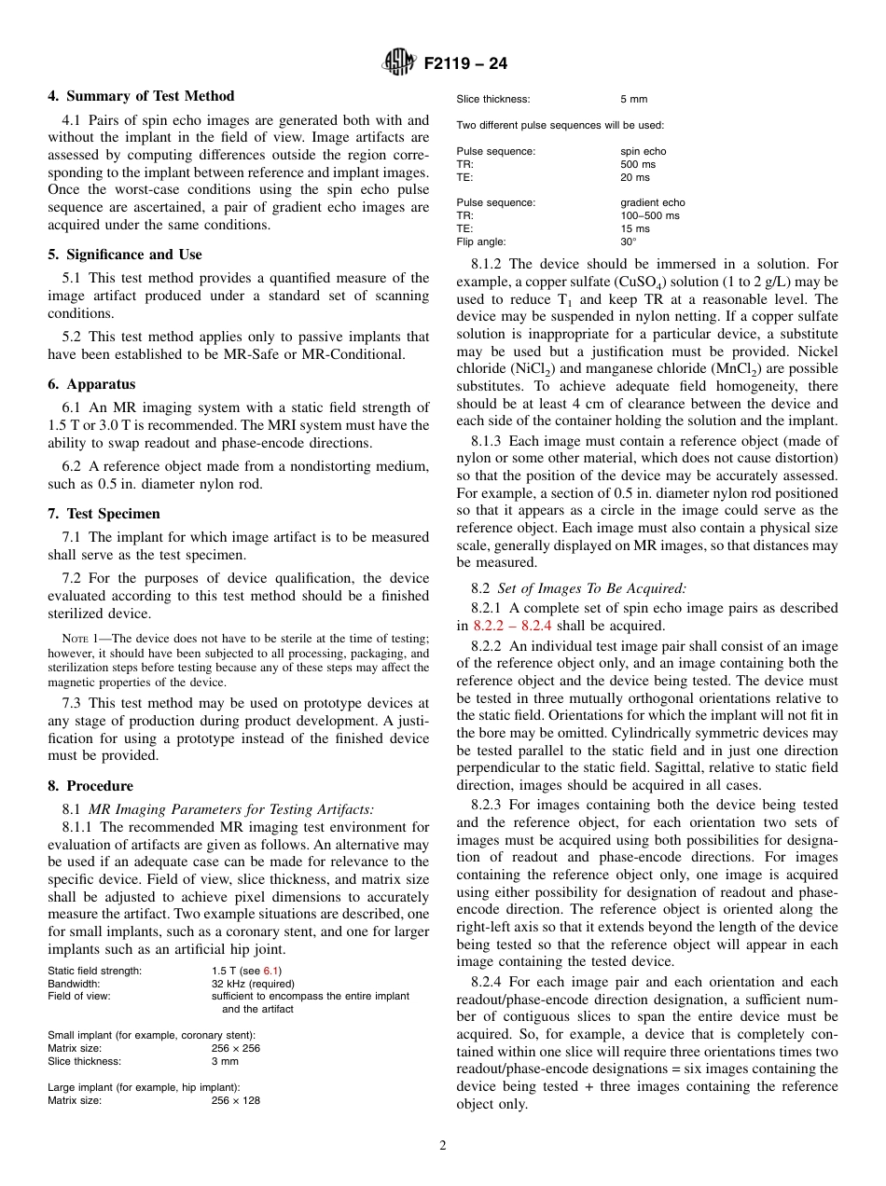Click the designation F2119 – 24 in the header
point(465,64)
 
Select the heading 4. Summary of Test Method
point(141,96)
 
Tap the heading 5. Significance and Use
point(125,255)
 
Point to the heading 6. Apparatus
point(91,384)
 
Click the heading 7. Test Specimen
point(104,514)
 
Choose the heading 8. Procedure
point(90,786)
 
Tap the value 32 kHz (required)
point(253,984)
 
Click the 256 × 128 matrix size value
point(235,1100)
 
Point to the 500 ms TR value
point(638,164)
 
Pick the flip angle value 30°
point(629,241)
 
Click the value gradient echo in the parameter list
point(652,202)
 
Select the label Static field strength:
point(95,971)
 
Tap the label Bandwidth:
point(75,984)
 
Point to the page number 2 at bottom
point(443,1146)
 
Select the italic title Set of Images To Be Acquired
point(591,588)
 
